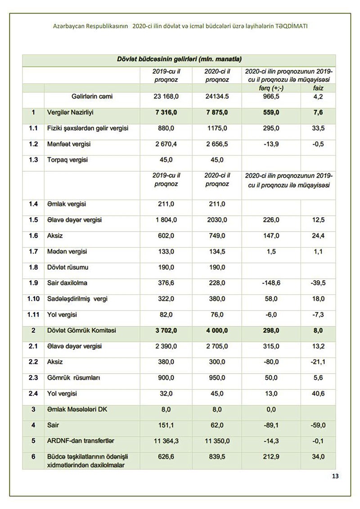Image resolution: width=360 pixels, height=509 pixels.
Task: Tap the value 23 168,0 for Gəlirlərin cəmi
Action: tap(166, 96)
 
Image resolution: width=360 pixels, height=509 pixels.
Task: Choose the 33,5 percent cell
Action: tap(318, 129)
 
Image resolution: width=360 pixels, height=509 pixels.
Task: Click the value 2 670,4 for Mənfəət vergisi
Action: tap(166, 144)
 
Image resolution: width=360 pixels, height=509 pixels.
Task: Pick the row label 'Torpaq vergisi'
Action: tap(67, 160)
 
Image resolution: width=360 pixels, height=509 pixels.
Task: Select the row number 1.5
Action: tap(33, 220)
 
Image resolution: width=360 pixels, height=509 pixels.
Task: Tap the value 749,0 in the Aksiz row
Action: tap(217, 236)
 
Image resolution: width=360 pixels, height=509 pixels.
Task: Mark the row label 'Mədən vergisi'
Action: tap(67, 251)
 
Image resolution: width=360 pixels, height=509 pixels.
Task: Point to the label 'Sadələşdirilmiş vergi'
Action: tap(77, 299)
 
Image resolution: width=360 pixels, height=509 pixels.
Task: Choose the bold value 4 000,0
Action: tap(217, 330)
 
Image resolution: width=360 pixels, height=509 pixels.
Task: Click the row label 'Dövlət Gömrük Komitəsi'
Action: tap(81, 330)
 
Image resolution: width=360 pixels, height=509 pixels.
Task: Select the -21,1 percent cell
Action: tap(318, 362)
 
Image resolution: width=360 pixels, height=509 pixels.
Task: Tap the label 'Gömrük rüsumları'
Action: tap(73, 378)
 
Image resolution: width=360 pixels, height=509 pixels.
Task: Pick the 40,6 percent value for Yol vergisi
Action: tap(318, 394)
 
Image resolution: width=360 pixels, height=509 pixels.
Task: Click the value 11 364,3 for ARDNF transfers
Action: tap(166, 441)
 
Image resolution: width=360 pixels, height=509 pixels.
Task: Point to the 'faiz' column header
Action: tap(318, 89)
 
